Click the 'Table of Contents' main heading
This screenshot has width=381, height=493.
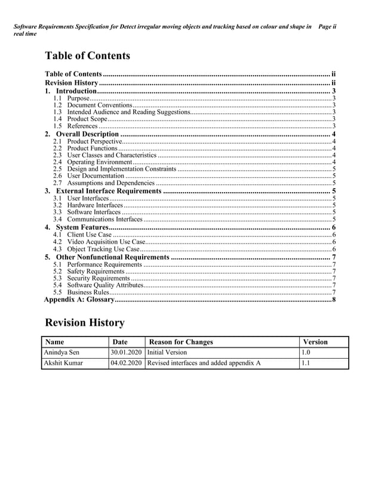87,56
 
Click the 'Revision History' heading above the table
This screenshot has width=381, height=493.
85,323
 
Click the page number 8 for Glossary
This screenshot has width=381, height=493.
334,300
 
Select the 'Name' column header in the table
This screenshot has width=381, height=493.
54,342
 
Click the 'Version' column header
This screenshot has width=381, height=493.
315,342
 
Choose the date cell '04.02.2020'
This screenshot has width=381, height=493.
126,363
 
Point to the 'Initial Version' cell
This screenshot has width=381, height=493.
167,352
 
